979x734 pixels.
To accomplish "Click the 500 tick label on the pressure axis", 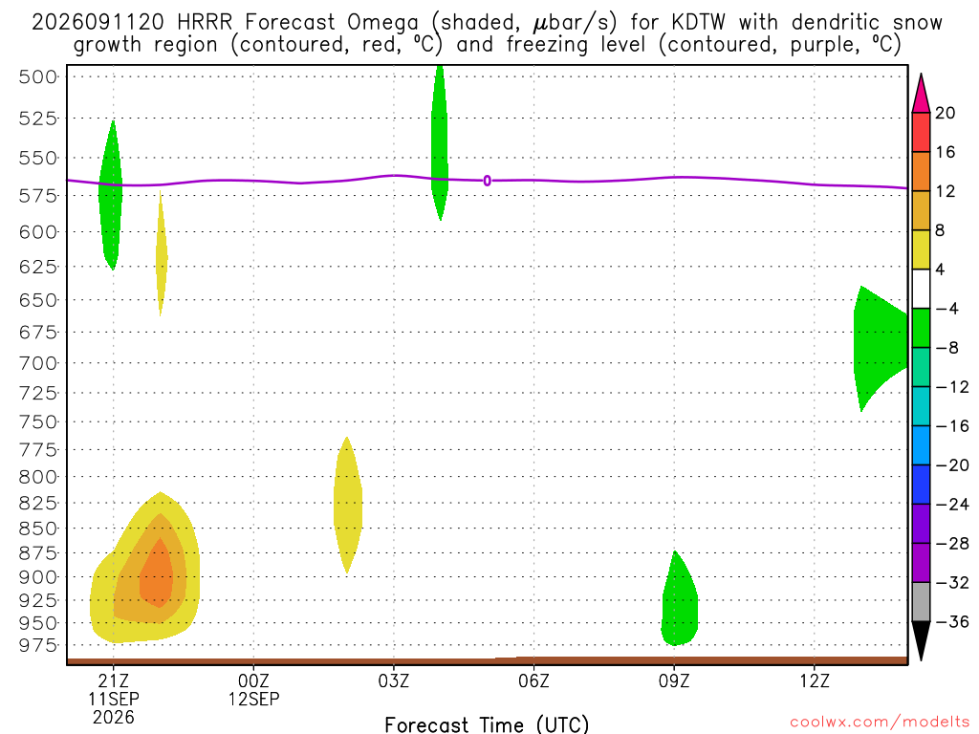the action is pos(38,76).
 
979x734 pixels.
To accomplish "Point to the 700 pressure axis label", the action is pos(38,363).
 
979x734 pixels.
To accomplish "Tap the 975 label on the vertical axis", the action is pos(38,645).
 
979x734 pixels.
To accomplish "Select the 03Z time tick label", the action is pos(393,680).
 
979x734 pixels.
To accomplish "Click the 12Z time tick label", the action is pos(815,680).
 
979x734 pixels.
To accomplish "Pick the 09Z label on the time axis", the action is pos(674,680).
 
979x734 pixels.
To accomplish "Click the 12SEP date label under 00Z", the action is pos(253,699).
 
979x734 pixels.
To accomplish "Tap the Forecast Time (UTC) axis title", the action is pos(487,724).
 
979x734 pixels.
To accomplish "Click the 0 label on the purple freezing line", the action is pos(487,181).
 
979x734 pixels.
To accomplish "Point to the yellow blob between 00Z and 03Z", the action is pos(348,506).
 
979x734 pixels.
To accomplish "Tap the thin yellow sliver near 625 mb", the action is pos(161,252).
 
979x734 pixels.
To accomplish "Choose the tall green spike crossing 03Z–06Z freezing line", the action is pos(440,143).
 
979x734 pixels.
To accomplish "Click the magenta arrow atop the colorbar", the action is pos(921,94).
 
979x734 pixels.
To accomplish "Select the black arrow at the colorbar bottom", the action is pos(921,640).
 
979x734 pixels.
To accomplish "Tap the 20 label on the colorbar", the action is pos(946,113).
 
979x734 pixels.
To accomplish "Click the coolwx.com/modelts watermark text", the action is pos(880,723).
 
